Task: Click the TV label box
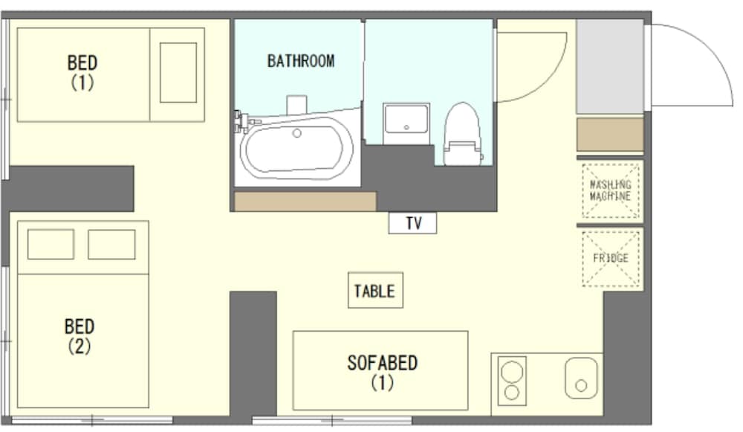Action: pos(412,223)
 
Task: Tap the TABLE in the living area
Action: pos(375,290)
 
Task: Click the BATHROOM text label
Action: pos(301,61)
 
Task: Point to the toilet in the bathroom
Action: pos(462,134)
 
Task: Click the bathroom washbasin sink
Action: pos(406,119)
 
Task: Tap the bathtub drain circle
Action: pos(296,133)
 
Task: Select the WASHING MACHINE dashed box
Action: pos(610,190)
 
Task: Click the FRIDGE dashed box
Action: pos(610,259)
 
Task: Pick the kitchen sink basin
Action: pos(580,378)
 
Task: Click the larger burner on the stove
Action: pos(512,371)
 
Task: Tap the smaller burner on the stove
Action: pos(512,392)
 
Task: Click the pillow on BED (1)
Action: pos(178,73)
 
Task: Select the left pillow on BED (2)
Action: pos(51,244)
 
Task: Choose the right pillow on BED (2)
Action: pos(111,244)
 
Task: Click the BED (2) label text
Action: pos(80,336)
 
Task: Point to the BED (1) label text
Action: pos(82,72)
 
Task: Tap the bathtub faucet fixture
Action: pos(244,122)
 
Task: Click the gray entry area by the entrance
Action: pos(610,66)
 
